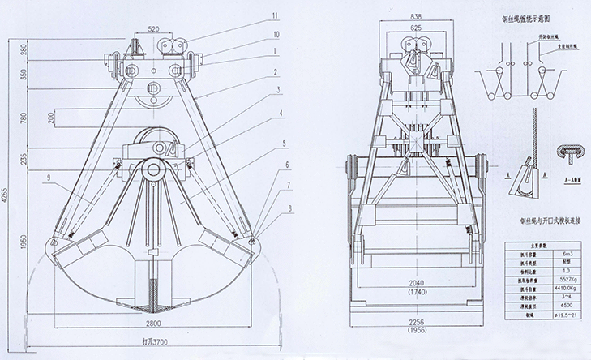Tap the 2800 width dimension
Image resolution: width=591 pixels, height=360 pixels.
click(152, 322)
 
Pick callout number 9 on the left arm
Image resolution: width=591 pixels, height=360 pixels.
click(50, 177)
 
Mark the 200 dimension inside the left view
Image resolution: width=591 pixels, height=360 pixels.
click(51, 118)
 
